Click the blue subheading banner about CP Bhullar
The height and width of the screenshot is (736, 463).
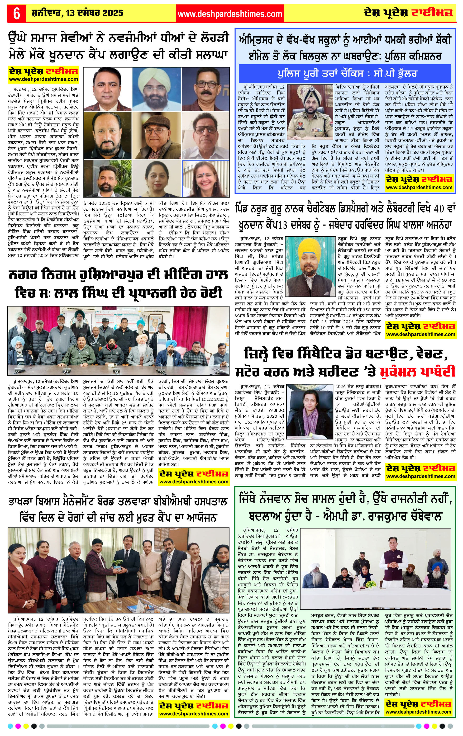pyautogui.click(x=345, y=73)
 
